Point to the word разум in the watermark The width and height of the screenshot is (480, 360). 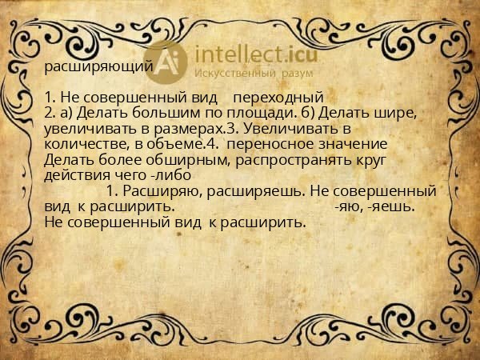296,74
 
